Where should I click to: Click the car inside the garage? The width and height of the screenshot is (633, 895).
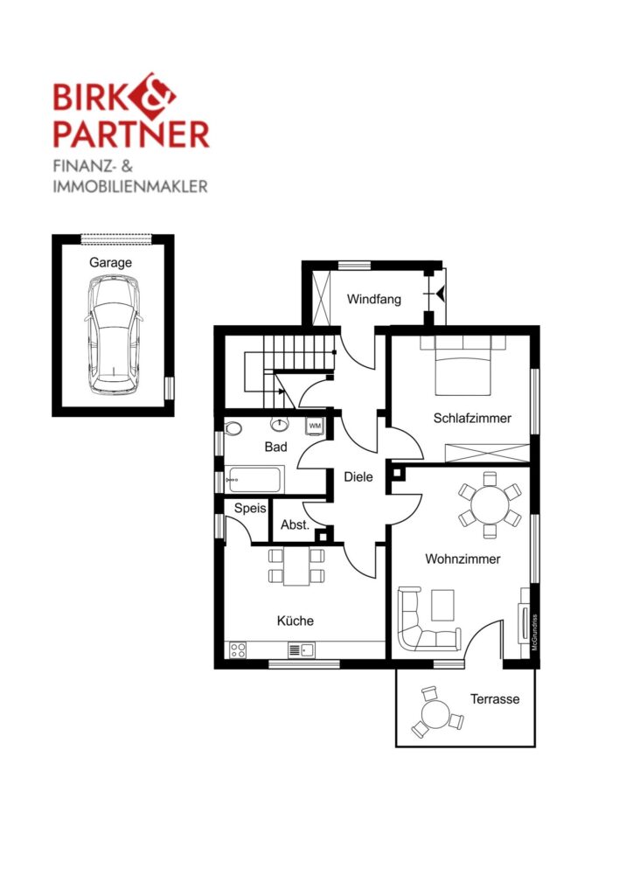[114, 335]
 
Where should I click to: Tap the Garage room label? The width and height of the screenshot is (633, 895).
[110, 262]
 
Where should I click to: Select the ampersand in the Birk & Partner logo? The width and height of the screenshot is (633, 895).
[154, 94]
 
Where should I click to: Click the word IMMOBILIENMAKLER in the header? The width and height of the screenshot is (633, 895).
[130, 186]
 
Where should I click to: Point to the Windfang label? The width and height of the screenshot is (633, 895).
[374, 299]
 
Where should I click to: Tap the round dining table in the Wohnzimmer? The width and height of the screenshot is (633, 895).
[489, 504]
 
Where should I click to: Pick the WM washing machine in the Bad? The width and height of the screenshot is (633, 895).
[315, 426]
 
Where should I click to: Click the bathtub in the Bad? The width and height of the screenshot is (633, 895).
[254, 480]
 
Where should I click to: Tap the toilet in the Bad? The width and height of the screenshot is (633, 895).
[233, 428]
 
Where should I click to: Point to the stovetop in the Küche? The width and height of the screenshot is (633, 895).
[238, 649]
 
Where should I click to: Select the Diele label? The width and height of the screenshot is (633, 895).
[358, 476]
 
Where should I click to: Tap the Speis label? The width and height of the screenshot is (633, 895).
[250, 508]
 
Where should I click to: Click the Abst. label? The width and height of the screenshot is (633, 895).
[296, 524]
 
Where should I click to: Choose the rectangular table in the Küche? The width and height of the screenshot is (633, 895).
[296, 565]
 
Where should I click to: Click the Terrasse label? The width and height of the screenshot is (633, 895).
[495, 698]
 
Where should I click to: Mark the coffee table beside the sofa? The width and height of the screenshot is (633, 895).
[443, 605]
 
